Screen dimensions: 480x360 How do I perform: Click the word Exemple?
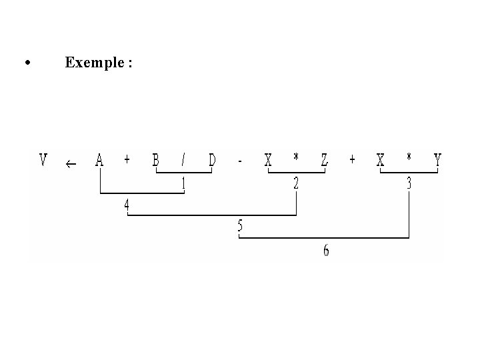click(94, 63)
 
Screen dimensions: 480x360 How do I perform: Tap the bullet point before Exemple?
click(27, 63)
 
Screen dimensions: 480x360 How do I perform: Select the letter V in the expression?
click(43, 161)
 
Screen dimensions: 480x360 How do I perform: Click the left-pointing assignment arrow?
click(71, 163)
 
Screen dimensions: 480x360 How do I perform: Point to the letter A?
click(99, 161)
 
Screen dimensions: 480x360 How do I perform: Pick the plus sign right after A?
click(127, 161)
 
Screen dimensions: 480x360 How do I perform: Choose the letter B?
click(155, 161)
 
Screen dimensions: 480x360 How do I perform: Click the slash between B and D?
click(184, 161)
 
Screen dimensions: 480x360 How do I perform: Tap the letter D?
click(212, 161)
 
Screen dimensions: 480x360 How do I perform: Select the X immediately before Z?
click(268, 161)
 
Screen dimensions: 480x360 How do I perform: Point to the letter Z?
click(324, 161)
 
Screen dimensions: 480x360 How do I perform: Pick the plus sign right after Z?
click(352, 161)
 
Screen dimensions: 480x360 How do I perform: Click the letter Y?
click(437, 161)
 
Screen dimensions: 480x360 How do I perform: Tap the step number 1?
click(184, 183)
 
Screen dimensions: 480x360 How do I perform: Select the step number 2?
click(296, 183)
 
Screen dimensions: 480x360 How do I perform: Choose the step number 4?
click(127, 205)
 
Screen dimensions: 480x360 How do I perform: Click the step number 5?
click(240, 227)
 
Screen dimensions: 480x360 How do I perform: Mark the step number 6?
click(325, 251)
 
